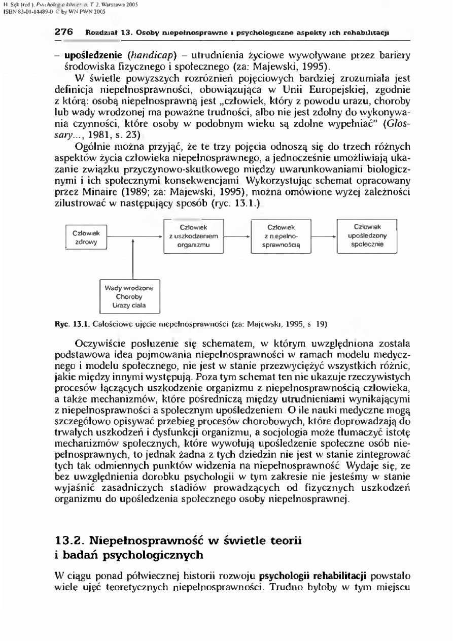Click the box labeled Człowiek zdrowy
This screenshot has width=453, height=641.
pyautogui.click(x=86, y=238)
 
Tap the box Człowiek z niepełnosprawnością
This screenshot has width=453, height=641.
pyautogui.click(x=281, y=235)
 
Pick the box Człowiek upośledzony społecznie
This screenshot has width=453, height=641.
pyautogui.click(x=368, y=235)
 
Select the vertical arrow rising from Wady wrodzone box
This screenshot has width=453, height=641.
pyautogui.click(x=133, y=259)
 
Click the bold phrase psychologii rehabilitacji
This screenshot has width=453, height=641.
pyautogui.click(x=314, y=577)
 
